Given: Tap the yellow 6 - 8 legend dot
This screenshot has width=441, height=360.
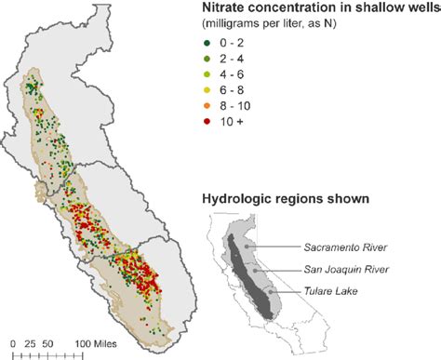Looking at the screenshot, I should (207, 90).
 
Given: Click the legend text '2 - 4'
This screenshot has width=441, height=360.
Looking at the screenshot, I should (234, 58).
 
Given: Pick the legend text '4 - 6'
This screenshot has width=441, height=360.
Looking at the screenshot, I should (234, 74).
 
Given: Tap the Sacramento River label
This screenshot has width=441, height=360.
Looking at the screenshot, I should (345, 248).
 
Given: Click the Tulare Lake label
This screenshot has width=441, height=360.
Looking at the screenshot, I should (331, 291).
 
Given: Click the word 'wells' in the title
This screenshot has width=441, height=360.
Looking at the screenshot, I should (421, 8).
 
